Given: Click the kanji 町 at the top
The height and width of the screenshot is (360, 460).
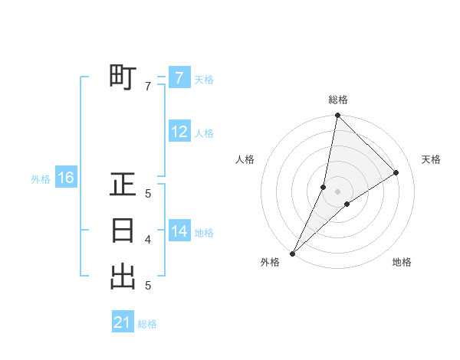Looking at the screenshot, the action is [123, 78].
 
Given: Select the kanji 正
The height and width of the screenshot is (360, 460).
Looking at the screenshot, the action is [123, 185].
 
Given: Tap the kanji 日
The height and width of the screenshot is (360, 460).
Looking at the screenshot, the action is [123, 231].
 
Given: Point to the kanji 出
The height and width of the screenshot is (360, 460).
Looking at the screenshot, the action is [123, 277].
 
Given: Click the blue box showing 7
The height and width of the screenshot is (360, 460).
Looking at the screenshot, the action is [179, 78].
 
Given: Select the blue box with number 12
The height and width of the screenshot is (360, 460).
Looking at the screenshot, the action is [179, 132].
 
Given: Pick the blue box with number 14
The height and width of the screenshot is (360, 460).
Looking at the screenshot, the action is [179, 231].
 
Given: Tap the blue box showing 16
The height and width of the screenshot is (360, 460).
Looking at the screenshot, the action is [66, 178].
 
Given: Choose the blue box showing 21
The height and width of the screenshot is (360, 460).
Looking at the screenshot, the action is [123, 322].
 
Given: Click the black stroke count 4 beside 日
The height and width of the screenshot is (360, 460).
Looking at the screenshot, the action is [148, 240].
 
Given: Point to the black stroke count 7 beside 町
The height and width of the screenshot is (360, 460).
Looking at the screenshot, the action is [148, 87].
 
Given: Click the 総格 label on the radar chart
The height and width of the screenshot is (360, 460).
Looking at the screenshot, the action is [338, 100].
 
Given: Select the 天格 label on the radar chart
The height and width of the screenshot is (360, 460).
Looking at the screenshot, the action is [431, 159].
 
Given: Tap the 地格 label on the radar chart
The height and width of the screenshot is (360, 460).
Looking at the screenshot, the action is [402, 262].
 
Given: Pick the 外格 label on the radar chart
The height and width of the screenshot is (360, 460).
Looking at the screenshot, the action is [270, 262].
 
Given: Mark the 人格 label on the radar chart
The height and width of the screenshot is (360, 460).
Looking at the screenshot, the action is [245, 159].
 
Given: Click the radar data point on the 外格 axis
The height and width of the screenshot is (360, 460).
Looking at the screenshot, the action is [292, 254].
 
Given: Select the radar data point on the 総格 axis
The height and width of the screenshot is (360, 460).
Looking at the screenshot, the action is [338, 116].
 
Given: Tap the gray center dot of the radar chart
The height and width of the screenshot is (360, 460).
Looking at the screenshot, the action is [338, 191].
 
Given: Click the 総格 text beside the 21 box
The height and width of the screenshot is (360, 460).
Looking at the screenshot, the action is [147, 324].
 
